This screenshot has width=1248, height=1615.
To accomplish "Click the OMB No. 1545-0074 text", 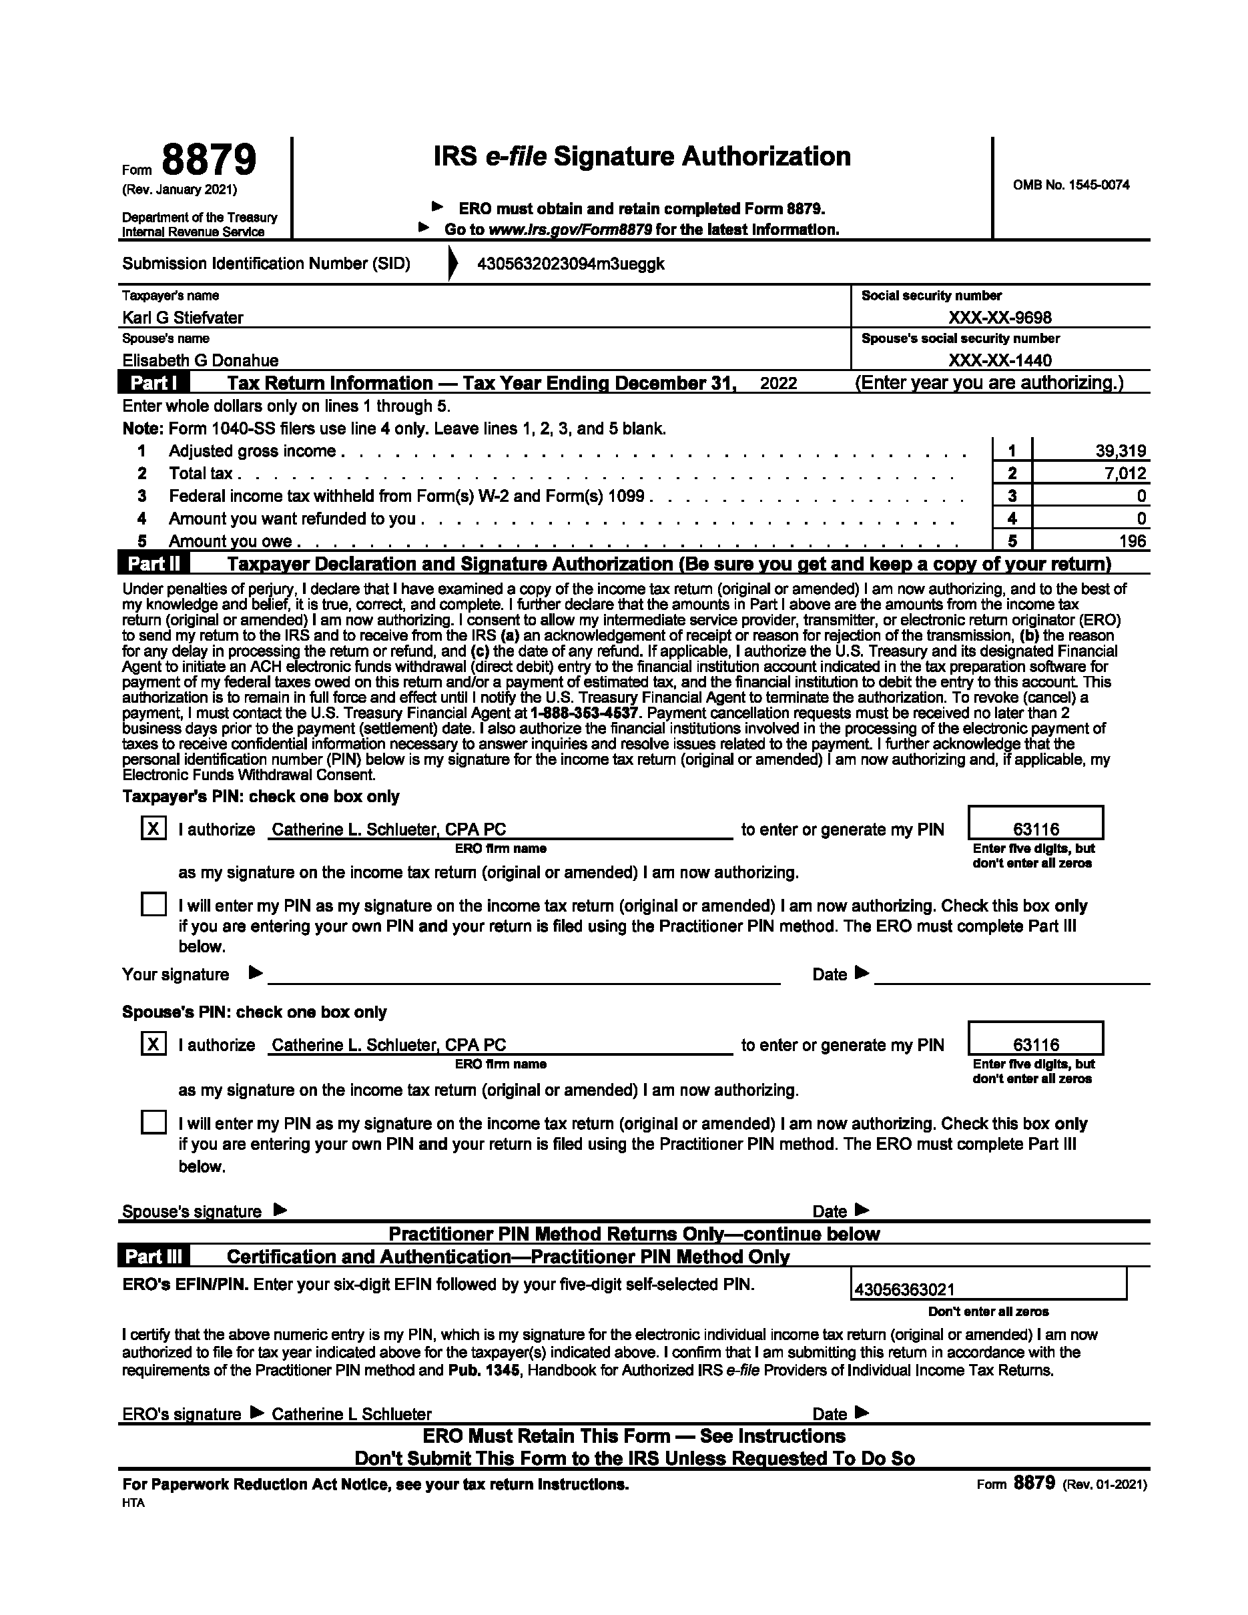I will [x=1070, y=185].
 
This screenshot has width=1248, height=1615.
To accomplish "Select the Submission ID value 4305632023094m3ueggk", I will [x=571, y=264].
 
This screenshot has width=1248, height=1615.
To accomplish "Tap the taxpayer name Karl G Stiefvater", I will [x=183, y=318].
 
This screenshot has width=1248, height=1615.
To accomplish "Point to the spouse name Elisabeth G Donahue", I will [x=200, y=361].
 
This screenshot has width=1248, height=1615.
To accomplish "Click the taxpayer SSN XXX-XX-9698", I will [x=1000, y=318].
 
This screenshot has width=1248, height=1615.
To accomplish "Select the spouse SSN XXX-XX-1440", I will [x=1000, y=361].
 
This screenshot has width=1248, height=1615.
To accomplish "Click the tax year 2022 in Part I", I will [x=779, y=383].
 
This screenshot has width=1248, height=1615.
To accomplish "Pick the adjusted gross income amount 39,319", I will [x=1121, y=451].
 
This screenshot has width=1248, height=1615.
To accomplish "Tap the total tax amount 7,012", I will [x=1125, y=473].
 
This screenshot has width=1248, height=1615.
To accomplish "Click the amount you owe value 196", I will [x=1133, y=541].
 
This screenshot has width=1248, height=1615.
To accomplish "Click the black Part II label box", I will [x=153, y=563].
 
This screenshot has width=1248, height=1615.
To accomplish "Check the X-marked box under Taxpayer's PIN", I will [x=153, y=828].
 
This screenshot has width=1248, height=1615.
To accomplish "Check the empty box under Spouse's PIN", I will [x=153, y=1122].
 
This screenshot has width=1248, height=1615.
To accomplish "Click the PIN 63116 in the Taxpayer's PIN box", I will [x=1036, y=830].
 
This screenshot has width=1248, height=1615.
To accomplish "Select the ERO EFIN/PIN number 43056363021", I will [x=904, y=1289].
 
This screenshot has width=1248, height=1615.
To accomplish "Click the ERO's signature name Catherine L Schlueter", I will [x=351, y=1414].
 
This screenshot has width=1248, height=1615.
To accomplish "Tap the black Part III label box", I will [x=153, y=1257].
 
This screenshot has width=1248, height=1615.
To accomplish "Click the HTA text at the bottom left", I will [x=133, y=1504].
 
